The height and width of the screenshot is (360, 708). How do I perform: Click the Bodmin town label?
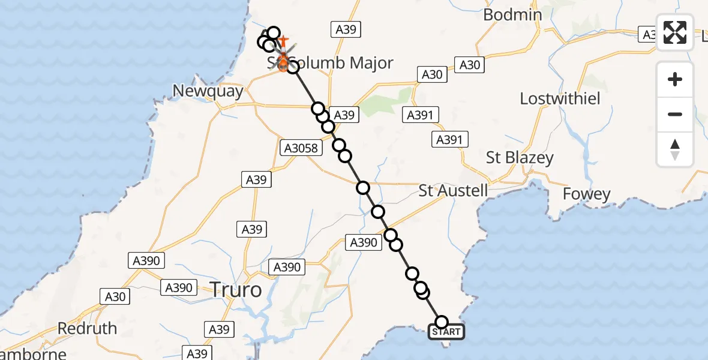[x=512, y=14]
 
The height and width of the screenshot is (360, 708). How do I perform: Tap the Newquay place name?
[x=208, y=91]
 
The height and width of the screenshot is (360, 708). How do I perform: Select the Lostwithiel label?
[x=560, y=98]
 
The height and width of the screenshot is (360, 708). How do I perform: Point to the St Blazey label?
[x=520, y=158]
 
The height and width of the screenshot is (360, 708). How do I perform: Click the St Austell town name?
[x=453, y=191]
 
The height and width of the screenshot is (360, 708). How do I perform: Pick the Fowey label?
[x=586, y=194]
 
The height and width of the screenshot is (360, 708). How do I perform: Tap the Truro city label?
[x=236, y=290]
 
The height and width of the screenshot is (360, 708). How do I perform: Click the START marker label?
[x=446, y=332]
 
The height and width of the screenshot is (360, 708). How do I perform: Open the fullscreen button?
[x=675, y=32]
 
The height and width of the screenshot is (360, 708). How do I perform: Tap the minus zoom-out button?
[x=675, y=114]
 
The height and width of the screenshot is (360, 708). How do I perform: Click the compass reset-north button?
[x=675, y=149]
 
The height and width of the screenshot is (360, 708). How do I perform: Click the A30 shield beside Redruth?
[x=115, y=296]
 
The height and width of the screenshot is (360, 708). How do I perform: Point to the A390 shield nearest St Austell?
[x=364, y=242]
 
